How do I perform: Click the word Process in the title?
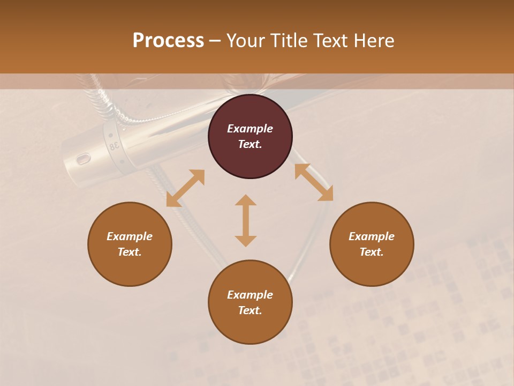click(168, 41)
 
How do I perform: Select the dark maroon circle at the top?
click(250, 137)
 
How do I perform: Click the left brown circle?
click(130, 244)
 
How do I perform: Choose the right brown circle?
click(372, 244)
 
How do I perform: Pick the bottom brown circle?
click(250, 302)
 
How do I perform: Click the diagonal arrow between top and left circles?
click(185, 188)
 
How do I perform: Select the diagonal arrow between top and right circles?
click(314, 182)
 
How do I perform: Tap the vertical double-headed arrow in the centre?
click(246, 220)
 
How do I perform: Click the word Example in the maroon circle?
click(250, 129)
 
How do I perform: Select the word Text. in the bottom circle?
click(250, 310)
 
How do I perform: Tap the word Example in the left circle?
click(130, 236)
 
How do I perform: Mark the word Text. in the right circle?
click(372, 252)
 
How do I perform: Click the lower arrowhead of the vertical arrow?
click(246, 240)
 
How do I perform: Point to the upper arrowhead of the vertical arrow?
click(246, 201)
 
